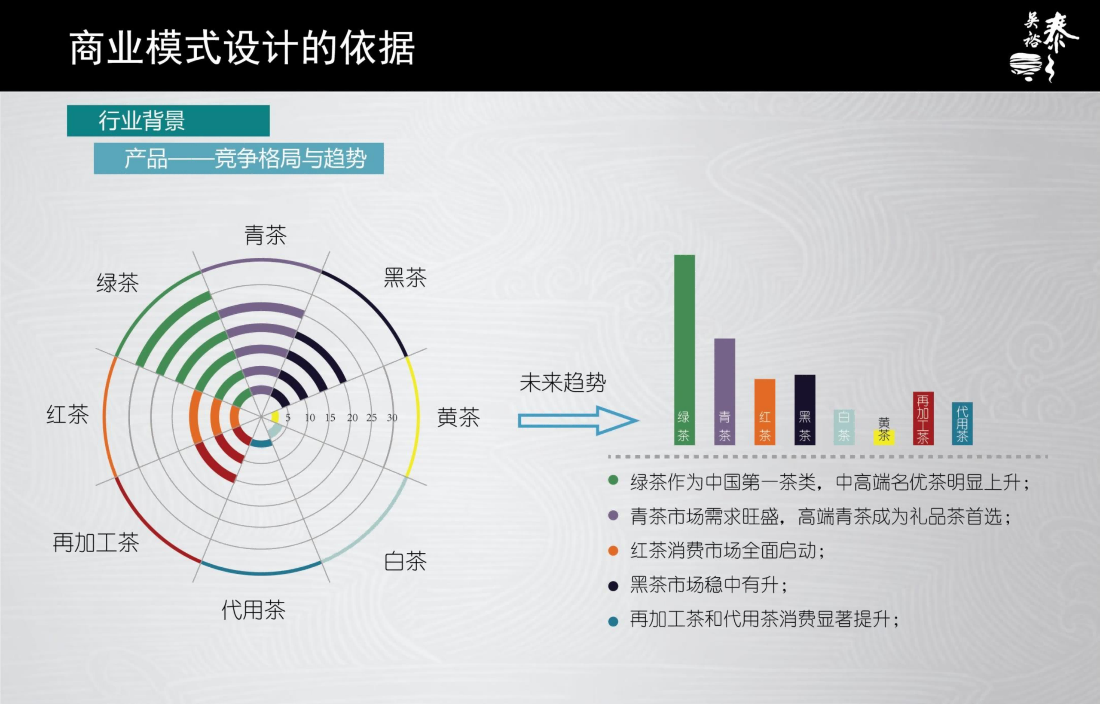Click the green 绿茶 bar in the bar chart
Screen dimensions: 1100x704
(684, 350)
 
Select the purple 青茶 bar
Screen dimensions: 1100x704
(724, 391)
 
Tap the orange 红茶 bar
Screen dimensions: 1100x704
(764, 411)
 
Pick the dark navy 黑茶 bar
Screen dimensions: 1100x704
(805, 410)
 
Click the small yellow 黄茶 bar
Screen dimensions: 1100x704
(884, 438)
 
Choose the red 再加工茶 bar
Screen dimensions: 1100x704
(923, 418)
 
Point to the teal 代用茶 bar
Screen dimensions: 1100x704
(962, 423)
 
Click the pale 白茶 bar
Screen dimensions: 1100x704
(844, 427)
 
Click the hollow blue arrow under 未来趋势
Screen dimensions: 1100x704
(578, 421)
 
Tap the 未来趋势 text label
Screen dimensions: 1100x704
(562, 382)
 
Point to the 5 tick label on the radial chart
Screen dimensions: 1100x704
(288, 417)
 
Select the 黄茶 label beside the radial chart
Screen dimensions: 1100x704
(458, 417)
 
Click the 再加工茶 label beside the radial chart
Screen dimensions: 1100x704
(96, 543)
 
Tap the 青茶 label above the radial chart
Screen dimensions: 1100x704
(266, 235)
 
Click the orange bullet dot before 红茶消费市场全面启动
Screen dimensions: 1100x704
(613, 551)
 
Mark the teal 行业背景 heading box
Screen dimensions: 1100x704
(168, 121)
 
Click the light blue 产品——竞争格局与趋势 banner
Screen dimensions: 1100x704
(239, 158)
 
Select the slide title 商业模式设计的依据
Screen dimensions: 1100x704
(242, 48)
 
